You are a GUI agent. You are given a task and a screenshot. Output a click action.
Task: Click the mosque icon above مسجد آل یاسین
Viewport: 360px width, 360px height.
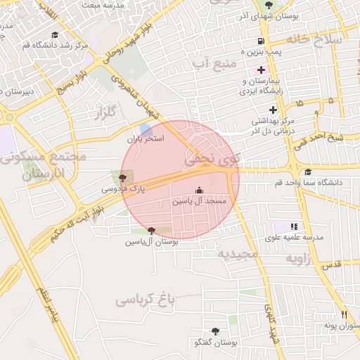199,190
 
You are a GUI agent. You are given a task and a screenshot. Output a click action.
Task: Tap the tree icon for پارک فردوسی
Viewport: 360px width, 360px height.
124,178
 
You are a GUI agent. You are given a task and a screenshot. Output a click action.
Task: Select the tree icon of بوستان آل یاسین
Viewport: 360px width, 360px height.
151,231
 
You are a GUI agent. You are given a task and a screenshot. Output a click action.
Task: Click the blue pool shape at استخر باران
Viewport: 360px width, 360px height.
146,130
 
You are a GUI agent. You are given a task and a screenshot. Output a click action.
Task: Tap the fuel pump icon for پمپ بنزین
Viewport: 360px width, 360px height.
262,41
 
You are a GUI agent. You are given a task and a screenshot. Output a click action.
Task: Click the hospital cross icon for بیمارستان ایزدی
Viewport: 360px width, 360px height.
262,70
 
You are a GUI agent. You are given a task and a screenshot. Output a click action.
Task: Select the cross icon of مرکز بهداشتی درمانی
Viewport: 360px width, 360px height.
273,109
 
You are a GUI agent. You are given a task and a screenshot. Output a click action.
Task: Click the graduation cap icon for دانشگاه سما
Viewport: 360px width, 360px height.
307,172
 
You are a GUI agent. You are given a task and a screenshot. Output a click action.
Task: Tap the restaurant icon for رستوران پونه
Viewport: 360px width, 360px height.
344,315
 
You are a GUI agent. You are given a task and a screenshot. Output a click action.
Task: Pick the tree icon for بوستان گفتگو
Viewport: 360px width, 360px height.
214,330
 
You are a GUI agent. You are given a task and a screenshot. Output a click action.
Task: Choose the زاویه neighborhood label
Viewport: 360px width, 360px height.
303,259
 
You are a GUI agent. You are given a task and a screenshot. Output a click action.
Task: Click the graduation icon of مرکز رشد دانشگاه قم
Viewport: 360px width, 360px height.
55,34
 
